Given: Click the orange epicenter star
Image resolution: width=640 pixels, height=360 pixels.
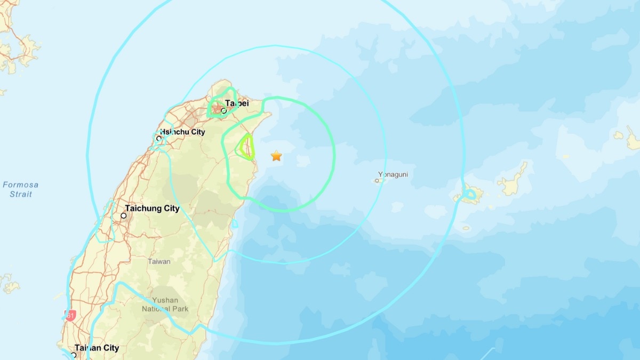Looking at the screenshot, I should click(x=276, y=156).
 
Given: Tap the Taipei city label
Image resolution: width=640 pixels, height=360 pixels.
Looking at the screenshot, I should click(x=237, y=103).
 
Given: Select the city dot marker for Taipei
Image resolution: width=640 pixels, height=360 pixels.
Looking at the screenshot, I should click(x=224, y=111).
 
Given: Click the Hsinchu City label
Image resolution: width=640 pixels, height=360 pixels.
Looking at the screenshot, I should click(x=182, y=132).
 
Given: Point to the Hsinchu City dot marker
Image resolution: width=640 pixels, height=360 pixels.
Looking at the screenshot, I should click(x=159, y=138).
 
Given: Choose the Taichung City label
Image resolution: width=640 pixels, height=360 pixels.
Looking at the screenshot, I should click(x=152, y=209).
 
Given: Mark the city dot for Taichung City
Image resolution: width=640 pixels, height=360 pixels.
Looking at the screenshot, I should click(x=124, y=216).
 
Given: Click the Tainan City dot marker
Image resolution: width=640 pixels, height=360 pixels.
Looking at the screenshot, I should click(x=74, y=355).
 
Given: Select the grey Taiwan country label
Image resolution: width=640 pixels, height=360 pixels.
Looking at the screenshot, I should click(x=159, y=261).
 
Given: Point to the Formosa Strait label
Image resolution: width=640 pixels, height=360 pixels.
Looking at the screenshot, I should click(x=21, y=189).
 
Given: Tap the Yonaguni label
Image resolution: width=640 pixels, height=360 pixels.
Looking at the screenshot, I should click(x=393, y=174).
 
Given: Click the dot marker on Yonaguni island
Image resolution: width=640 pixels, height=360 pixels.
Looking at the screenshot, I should click(x=377, y=181).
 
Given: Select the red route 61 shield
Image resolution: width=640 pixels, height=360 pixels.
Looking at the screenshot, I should click(x=70, y=315).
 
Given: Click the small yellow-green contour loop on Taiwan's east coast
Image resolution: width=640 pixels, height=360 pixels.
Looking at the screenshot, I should click(x=246, y=147).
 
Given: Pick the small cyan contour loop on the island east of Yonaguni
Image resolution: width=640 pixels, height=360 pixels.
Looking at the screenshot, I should click(x=470, y=196).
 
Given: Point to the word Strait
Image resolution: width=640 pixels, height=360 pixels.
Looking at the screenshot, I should click(x=21, y=194).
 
